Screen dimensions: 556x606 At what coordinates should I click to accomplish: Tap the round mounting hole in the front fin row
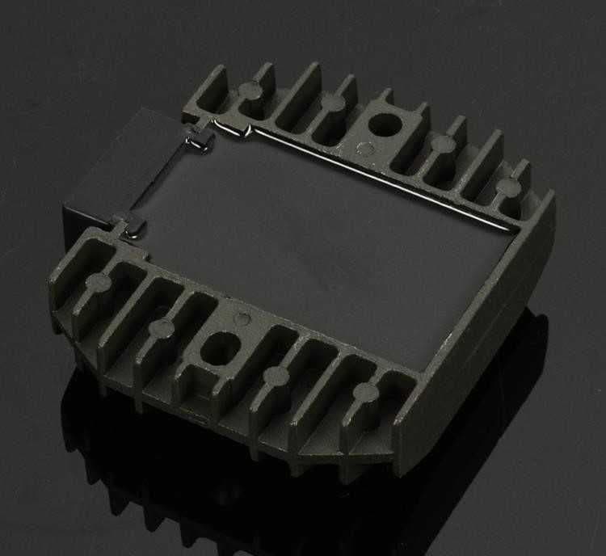pos(216,350)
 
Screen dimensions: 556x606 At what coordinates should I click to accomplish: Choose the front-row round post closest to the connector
pos(99,282)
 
